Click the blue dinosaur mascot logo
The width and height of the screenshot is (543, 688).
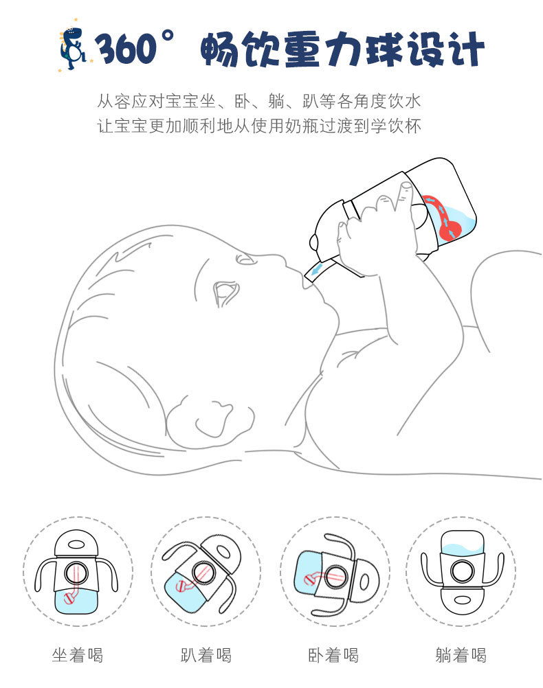tap(73, 47)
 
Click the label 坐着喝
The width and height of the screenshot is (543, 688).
tap(77, 654)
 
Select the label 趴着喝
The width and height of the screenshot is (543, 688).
tap(206, 654)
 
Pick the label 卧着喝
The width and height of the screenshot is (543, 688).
tap(333, 654)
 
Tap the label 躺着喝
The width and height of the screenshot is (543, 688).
tap(461, 654)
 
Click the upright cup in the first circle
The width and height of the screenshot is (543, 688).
tap(77, 571)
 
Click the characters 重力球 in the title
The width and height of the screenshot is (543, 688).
tap(343, 49)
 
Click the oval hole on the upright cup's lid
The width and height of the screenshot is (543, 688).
tap(77, 544)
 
